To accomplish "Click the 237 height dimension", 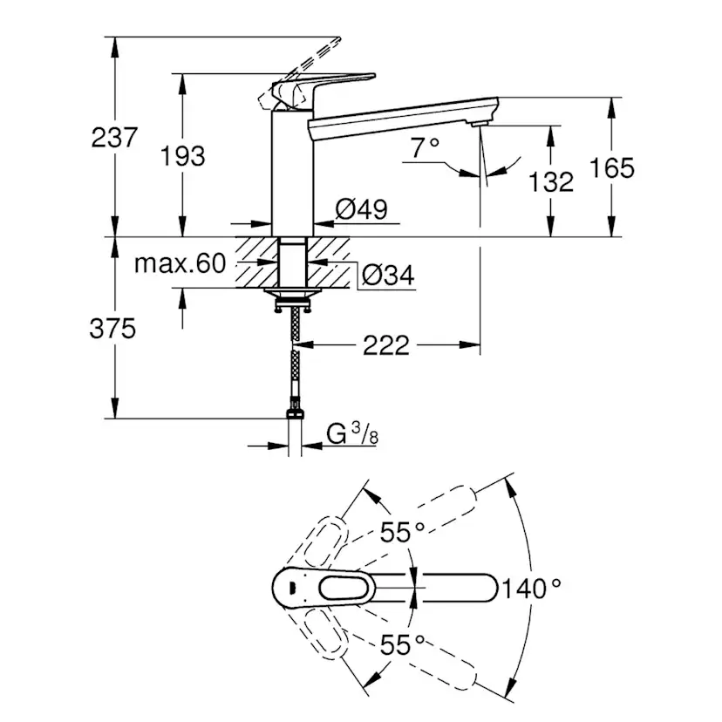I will [114, 137].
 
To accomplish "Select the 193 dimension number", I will [183, 155].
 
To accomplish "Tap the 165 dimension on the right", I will [612, 167].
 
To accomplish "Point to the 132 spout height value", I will [552, 181].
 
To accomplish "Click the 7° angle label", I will [425, 148].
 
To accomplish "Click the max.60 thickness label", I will [180, 263].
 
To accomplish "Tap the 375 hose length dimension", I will [113, 329].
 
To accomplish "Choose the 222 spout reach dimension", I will [385, 345].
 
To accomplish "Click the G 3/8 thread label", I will [352, 433].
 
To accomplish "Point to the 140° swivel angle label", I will [532, 589].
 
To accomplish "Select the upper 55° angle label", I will [401, 531].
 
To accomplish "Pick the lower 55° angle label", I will [401, 645].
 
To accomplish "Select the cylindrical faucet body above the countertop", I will [292, 174].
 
